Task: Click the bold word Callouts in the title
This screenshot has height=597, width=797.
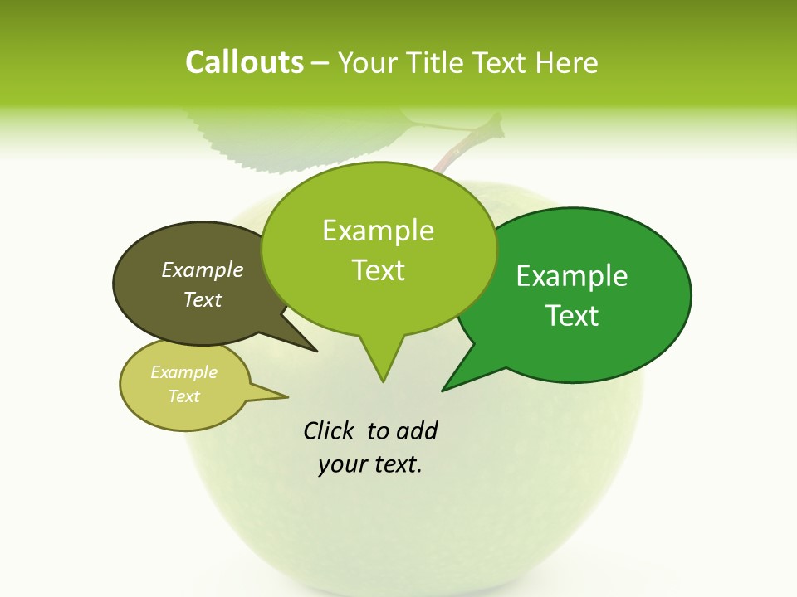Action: [244, 62]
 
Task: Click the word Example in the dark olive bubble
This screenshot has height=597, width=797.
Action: [203, 269]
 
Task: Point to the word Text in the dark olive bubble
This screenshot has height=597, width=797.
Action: [203, 299]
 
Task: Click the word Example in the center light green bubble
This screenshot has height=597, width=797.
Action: [378, 231]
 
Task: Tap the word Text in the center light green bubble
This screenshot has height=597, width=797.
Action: [378, 270]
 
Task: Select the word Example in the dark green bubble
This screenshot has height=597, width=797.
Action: [572, 276]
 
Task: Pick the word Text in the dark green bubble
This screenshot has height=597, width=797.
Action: [572, 316]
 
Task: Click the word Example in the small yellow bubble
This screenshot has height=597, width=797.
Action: [184, 372]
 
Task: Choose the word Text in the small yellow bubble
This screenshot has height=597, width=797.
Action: [184, 396]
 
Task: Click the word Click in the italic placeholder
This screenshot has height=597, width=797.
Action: [329, 430]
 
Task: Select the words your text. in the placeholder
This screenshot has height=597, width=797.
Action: [370, 464]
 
